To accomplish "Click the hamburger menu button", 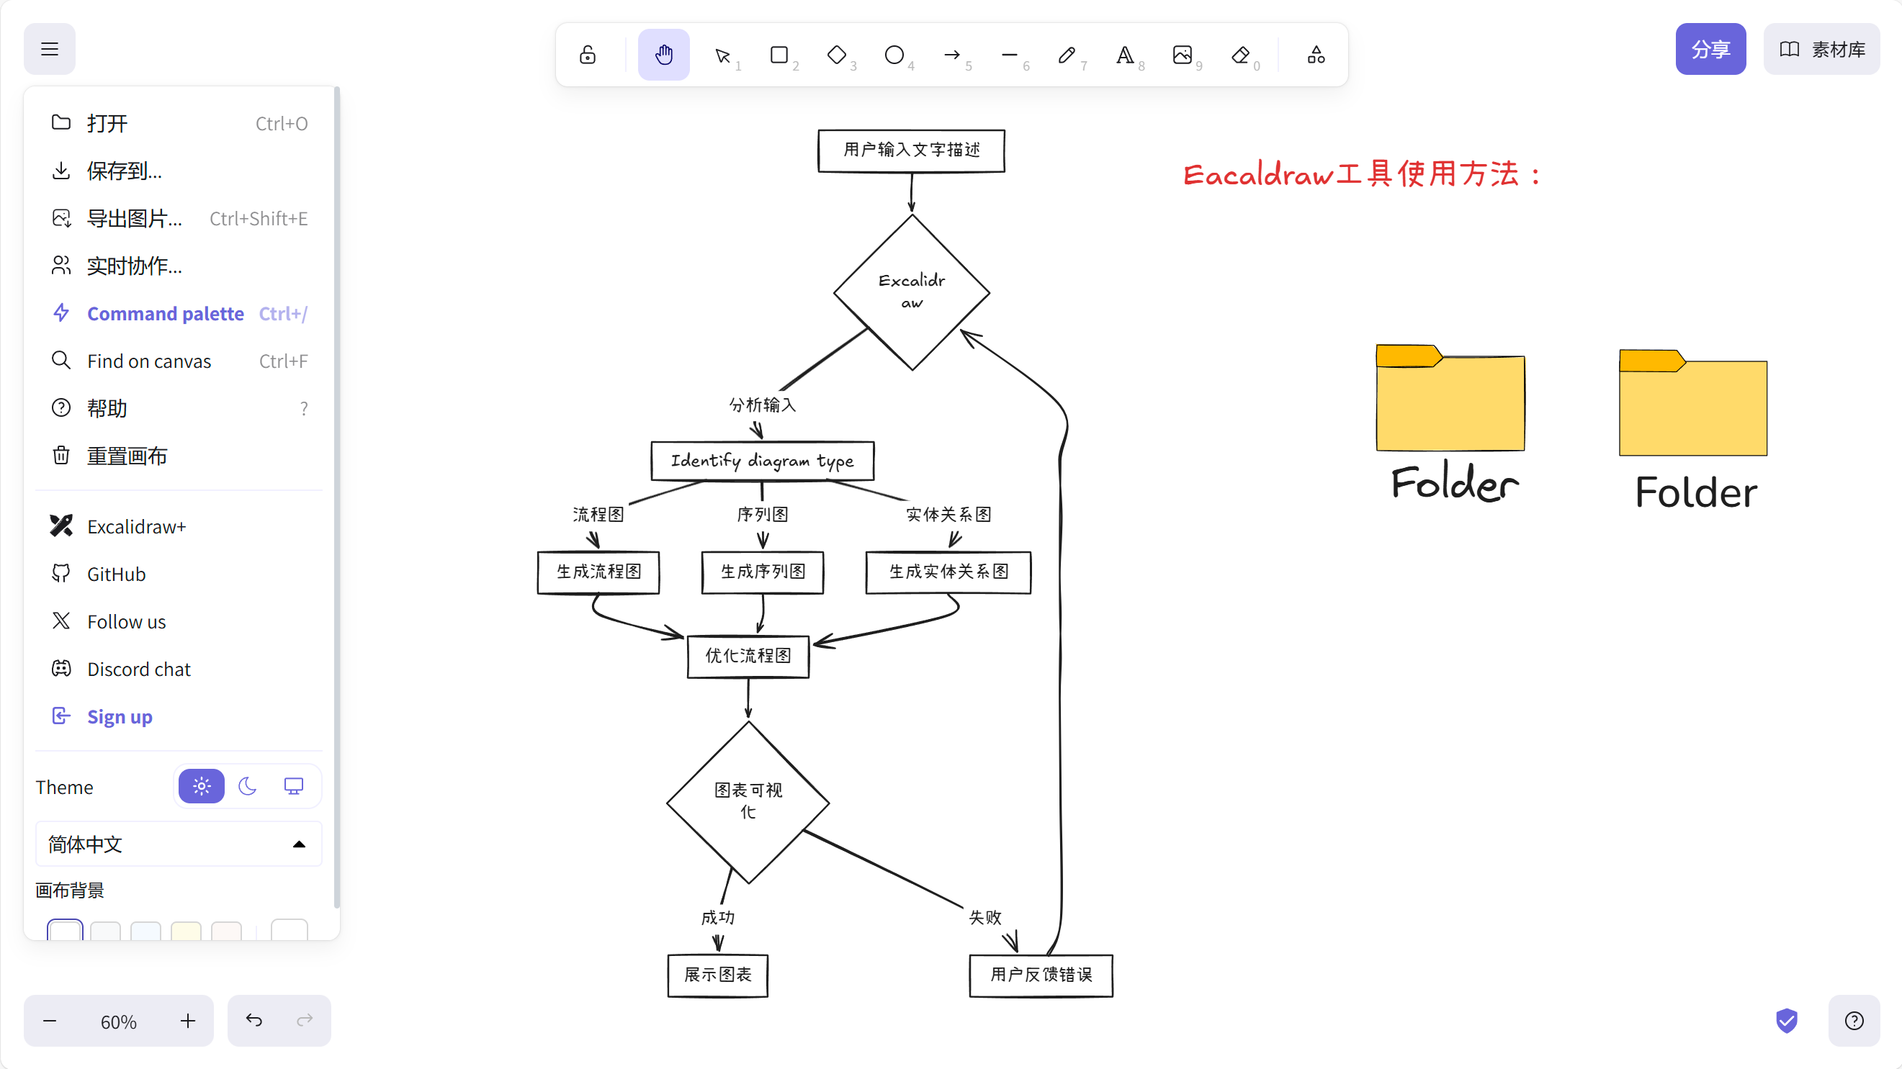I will (x=50, y=50).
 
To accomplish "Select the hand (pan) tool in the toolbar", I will (x=664, y=55).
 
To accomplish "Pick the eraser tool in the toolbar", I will (x=1240, y=55).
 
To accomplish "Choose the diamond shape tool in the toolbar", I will (x=837, y=55).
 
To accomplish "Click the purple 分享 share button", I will (x=1710, y=50).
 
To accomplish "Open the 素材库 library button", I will (x=1821, y=50).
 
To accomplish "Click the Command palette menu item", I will (x=166, y=314).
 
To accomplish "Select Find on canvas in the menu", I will (x=149, y=361).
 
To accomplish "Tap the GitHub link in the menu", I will (x=116, y=574).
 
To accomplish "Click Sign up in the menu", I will (x=120, y=717).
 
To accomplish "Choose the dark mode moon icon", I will (x=247, y=787).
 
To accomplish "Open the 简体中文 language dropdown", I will (x=178, y=844).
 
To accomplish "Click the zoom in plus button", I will (x=188, y=1021).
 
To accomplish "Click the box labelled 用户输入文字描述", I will (x=911, y=150).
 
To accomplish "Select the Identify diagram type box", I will (x=762, y=461).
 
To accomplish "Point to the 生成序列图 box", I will (x=763, y=572).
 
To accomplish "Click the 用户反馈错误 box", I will (x=1041, y=975).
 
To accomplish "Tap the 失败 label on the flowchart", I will (x=985, y=918).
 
